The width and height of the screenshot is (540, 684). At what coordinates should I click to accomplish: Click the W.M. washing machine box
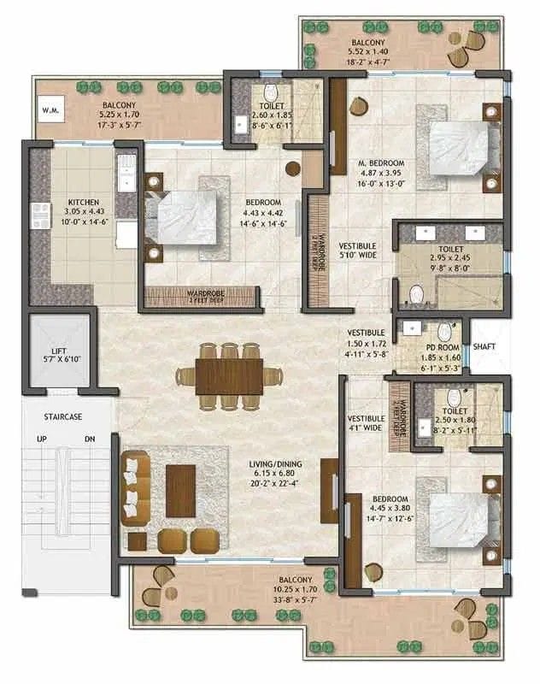48,109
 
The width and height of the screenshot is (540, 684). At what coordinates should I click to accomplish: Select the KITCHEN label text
84,203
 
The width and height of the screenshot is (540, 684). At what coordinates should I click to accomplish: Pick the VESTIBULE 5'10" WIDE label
357,249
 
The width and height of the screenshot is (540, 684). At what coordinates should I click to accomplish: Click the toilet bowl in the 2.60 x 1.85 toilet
270,91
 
